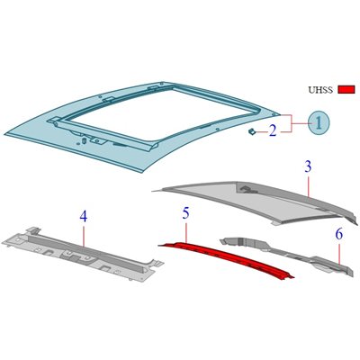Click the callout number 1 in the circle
click(319, 122)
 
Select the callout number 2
click(273, 130)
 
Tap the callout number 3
click(308, 166)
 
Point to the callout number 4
click(84, 216)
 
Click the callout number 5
click(186, 214)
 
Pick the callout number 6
click(339, 234)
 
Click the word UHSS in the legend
click(320, 90)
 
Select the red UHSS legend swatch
click(346, 89)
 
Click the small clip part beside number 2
click(252, 131)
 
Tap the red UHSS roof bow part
click(228, 260)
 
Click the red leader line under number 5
click(186, 231)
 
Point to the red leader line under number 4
click(84, 235)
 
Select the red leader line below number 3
click(309, 185)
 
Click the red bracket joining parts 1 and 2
click(291, 123)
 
